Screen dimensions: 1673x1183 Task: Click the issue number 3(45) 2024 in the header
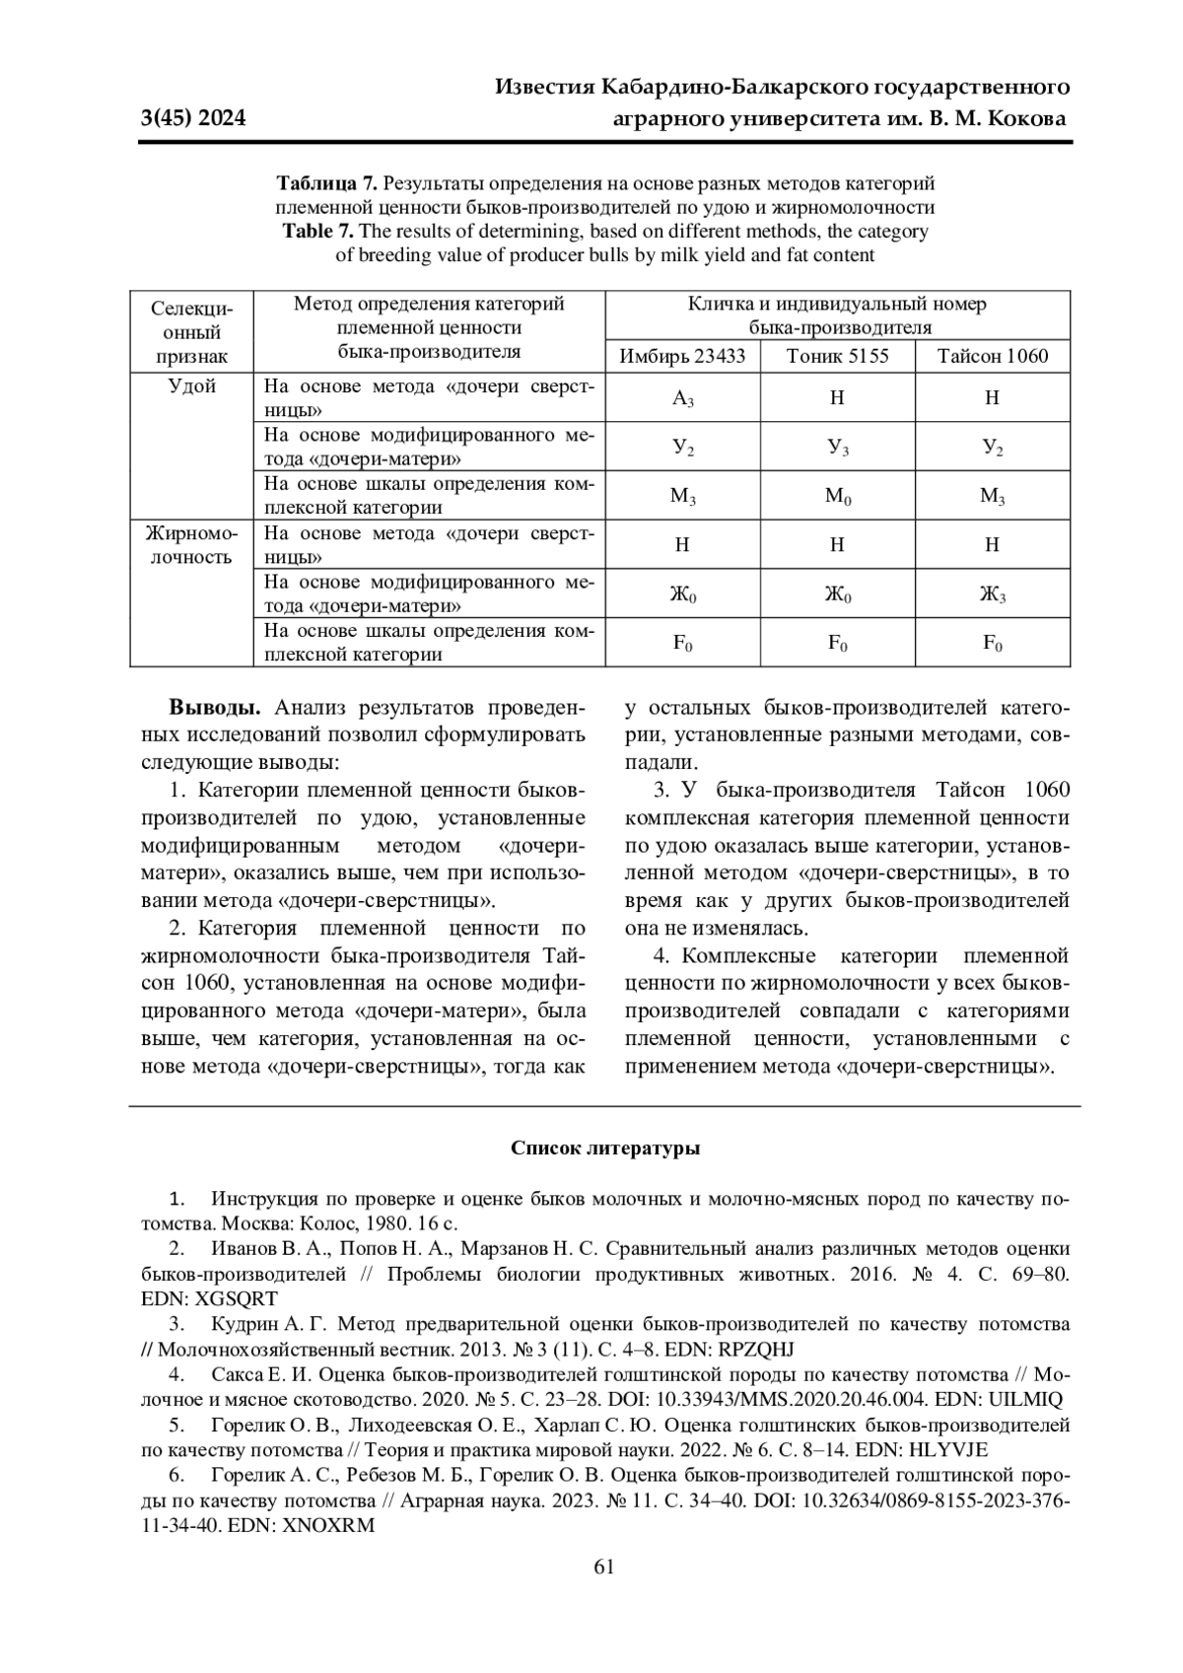(x=193, y=119)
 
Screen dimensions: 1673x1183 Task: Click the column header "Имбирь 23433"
(x=682, y=356)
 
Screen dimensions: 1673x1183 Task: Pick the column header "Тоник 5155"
(x=837, y=356)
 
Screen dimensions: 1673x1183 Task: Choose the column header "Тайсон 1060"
(x=992, y=356)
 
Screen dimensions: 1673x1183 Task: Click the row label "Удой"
(x=192, y=386)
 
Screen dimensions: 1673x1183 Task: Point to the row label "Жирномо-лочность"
(x=192, y=545)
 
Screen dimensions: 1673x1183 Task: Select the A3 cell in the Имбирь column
(x=683, y=399)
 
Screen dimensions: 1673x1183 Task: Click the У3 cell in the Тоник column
(x=837, y=448)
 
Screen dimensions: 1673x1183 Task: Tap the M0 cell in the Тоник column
(x=837, y=496)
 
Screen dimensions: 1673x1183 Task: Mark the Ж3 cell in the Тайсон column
(x=992, y=594)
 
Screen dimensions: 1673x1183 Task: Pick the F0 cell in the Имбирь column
(x=682, y=644)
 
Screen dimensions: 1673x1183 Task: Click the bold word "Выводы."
(x=215, y=708)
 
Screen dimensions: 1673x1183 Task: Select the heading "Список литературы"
(x=605, y=1149)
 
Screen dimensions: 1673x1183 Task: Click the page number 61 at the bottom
(x=604, y=1568)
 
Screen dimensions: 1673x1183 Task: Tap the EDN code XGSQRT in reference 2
(x=238, y=1298)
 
